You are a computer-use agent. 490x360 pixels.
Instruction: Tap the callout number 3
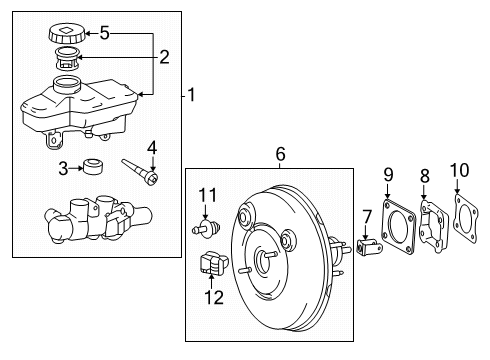[63, 167]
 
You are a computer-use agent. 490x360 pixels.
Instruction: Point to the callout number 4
[151, 151]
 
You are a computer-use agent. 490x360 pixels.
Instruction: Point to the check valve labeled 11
[206, 229]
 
